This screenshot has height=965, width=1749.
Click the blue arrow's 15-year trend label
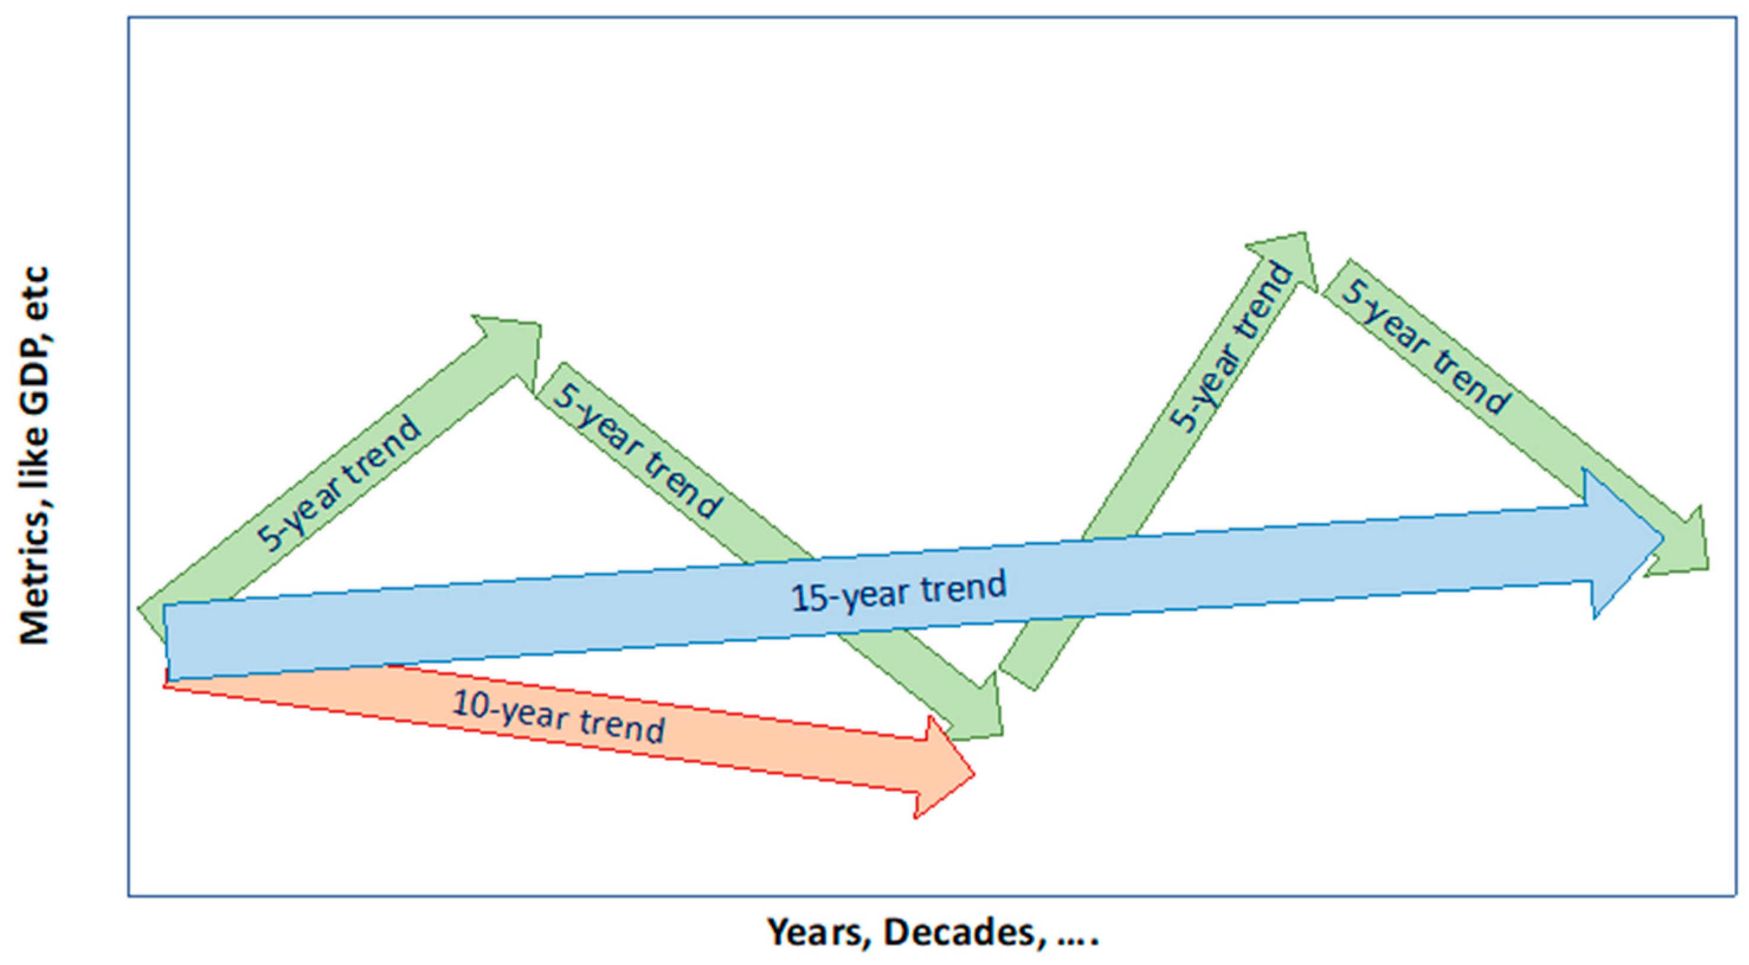(898, 591)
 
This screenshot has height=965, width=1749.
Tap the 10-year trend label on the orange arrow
(558, 717)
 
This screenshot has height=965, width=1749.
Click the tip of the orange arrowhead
(975, 774)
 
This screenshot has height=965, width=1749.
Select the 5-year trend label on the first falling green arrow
(636, 451)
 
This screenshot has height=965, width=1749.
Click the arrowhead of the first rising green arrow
(513, 347)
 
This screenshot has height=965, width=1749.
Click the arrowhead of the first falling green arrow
(974, 710)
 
